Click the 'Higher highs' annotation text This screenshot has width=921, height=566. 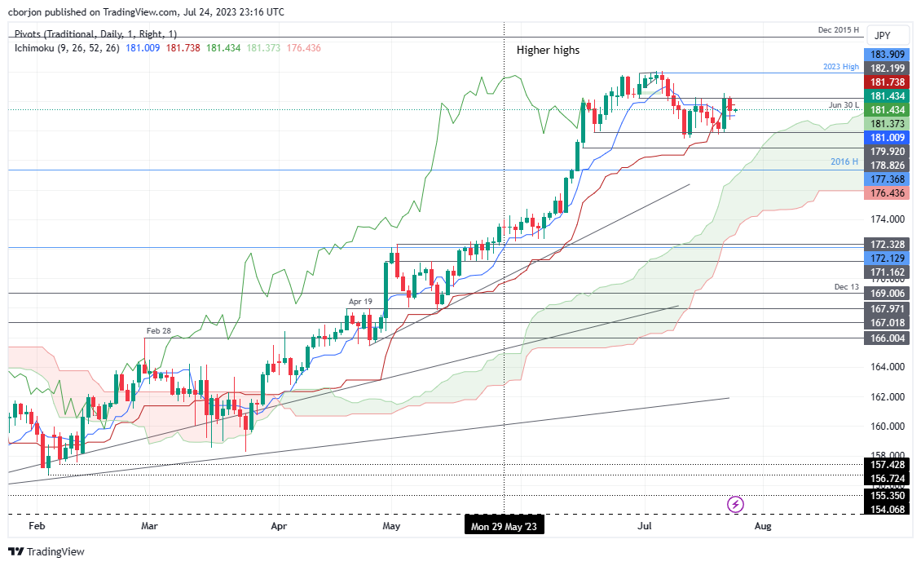tap(548, 51)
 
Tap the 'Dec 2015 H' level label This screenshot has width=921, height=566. tap(839, 30)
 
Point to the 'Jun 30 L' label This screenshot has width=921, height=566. tap(844, 104)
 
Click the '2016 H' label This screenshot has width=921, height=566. tap(845, 161)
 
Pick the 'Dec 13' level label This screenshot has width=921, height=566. tap(846, 287)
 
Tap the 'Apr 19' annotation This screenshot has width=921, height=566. tap(360, 302)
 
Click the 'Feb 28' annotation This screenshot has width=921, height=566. tap(159, 331)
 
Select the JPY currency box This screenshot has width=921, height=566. tap(882, 36)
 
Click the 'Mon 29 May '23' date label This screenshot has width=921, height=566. tap(505, 527)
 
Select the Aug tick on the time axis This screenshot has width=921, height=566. tap(763, 527)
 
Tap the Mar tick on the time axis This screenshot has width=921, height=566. tap(149, 527)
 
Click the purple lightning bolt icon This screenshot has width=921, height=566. tap(736, 504)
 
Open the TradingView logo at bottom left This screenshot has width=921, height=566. tap(46, 552)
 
